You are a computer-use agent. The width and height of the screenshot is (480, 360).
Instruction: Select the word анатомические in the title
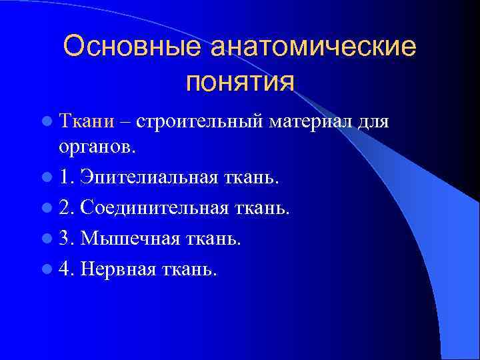(313, 47)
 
